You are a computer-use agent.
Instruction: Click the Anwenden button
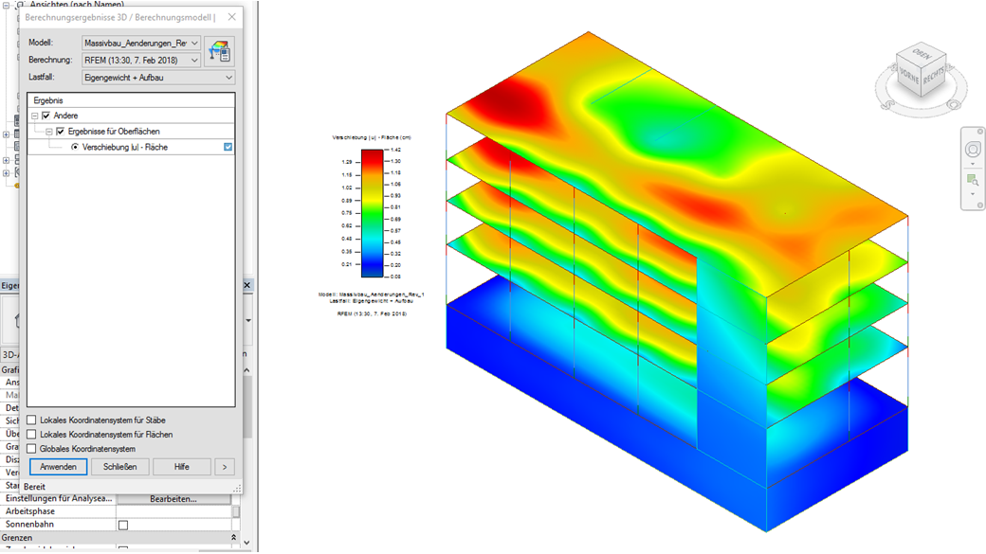[59, 467]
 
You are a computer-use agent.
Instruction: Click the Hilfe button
[181, 467]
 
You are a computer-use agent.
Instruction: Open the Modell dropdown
[141, 43]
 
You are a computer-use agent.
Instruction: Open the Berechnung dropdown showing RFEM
[141, 61]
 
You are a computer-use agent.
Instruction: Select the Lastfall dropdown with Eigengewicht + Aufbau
[157, 78]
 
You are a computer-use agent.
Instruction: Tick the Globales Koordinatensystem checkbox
[32, 449]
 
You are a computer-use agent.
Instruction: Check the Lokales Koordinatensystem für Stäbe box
[32, 420]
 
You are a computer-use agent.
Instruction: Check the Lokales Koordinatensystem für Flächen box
[32, 435]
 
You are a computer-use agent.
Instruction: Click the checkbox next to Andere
[46, 116]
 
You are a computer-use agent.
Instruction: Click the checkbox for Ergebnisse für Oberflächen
[60, 132]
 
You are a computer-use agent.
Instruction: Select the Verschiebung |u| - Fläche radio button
[75, 148]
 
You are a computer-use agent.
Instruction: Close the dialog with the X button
[232, 17]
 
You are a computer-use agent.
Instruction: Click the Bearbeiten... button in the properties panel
[173, 498]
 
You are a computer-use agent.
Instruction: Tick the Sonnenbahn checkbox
[122, 525]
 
